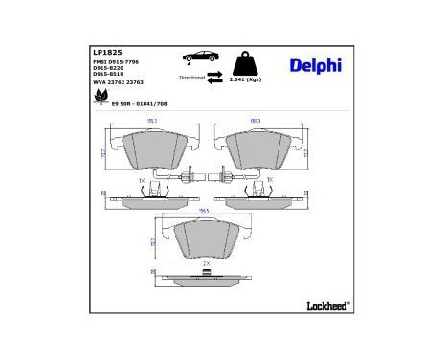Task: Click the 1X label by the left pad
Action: point(141,179)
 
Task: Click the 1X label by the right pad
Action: point(269,179)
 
